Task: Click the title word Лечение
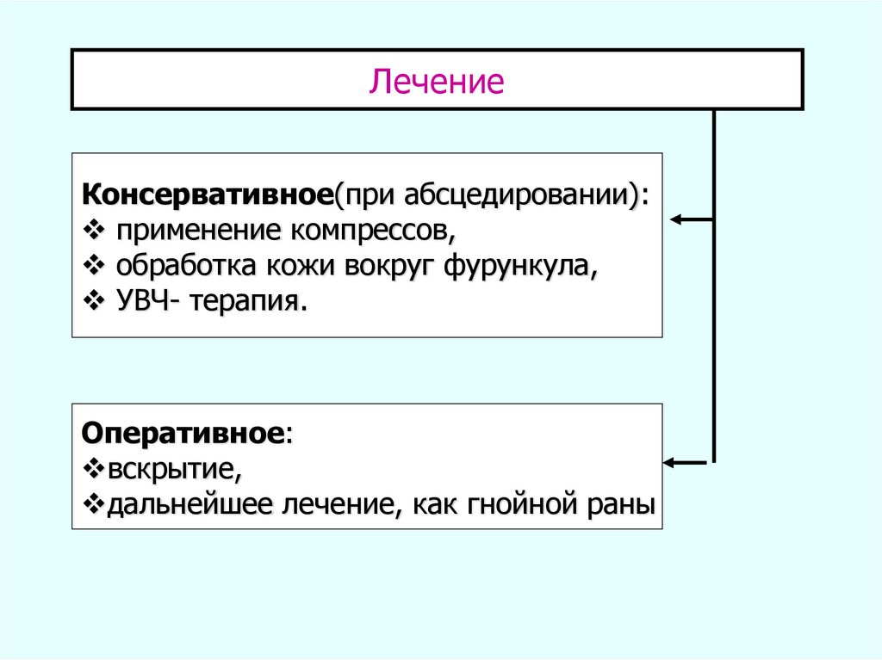click(437, 83)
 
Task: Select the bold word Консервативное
click(208, 194)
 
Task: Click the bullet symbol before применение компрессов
click(94, 231)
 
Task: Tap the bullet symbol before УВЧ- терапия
click(94, 302)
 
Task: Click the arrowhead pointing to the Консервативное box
click(676, 219)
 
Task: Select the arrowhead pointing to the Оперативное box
click(669, 463)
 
